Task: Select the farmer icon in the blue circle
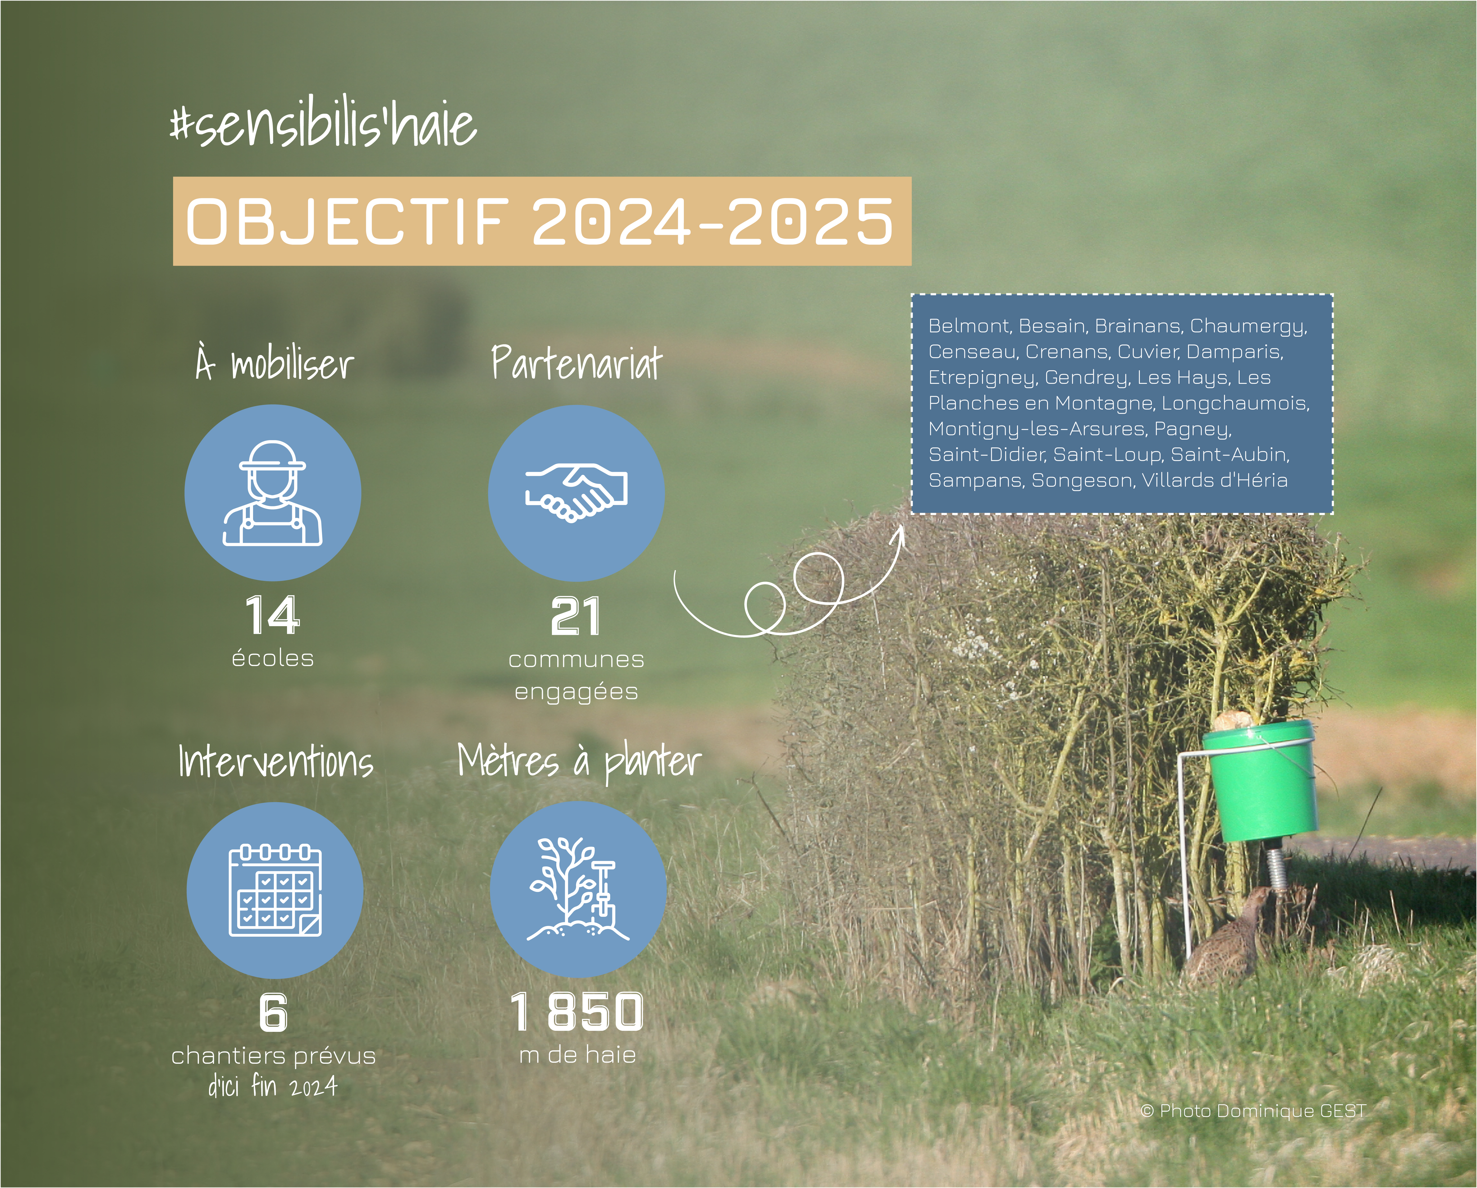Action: tap(273, 493)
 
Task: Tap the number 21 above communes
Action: tap(576, 617)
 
